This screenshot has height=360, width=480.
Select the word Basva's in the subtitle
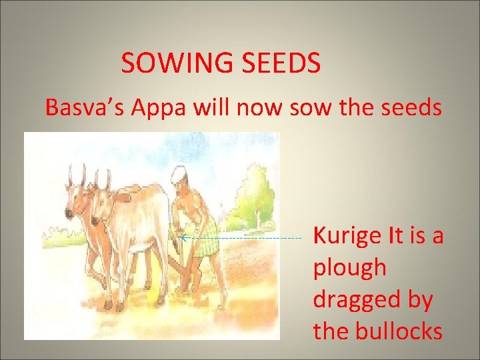coord(87,107)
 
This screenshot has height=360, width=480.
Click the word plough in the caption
coord(349,269)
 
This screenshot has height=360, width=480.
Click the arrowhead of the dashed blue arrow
coord(183,237)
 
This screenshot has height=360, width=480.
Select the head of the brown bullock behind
coord(75,193)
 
